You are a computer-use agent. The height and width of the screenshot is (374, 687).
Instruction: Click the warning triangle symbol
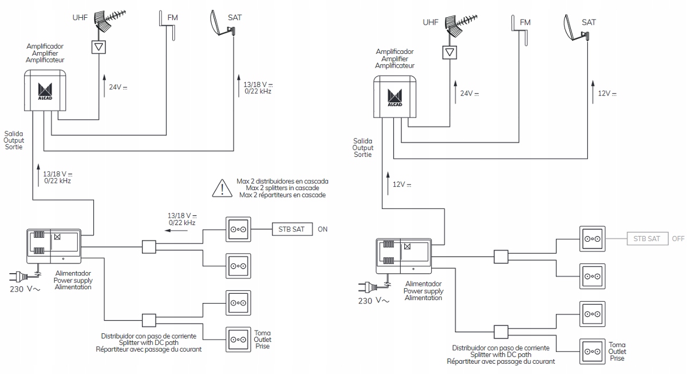point(222,188)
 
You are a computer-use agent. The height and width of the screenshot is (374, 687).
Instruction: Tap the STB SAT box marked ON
point(293,229)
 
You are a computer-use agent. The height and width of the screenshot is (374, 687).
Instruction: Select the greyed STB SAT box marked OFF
point(647,239)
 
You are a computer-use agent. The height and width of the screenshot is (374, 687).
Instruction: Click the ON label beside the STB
point(323,229)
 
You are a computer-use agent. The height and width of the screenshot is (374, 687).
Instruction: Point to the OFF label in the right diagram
point(678,239)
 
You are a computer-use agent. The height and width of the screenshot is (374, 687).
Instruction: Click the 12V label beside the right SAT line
point(607,93)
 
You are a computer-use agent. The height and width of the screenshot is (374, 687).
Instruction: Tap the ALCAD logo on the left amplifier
point(45,91)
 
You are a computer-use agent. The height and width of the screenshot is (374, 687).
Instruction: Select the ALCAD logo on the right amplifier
point(394,97)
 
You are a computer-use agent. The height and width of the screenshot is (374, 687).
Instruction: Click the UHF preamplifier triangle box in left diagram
point(98,47)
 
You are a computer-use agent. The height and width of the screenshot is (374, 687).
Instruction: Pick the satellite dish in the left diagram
point(222,24)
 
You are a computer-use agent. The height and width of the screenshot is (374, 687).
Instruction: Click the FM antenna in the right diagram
point(519,30)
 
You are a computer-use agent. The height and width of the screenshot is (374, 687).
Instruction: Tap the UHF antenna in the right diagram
point(461,26)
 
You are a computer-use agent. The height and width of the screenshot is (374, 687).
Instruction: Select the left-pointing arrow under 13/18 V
point(176,230)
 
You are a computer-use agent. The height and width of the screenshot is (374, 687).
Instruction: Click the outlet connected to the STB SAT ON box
point(238,230)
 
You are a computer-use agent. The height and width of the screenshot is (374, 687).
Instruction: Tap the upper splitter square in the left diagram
point(149,247)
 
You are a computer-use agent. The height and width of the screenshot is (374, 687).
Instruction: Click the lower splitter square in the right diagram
point(501,332)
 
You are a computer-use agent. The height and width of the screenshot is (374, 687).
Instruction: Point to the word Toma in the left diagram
point(262,333)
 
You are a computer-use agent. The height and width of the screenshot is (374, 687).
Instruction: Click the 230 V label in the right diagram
point(373,301)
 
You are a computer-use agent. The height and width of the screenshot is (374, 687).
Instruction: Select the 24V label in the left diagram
point(118,87)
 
